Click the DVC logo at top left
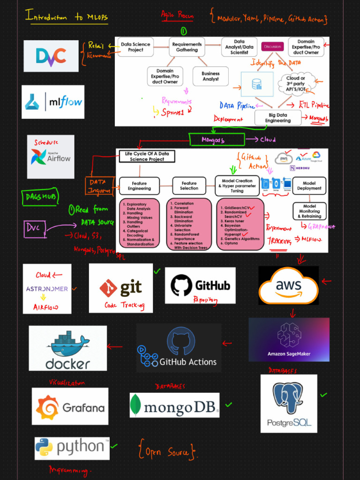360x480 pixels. click(x=51, y=56)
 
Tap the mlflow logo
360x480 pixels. click(x=53, y=102)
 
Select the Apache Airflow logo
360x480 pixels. click(x=51, y=157)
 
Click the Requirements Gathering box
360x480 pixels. click(x=187, y=47)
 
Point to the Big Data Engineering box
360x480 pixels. click(x=277, y=118)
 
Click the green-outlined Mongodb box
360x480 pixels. click(x=217, y=140)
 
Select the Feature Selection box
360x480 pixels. click(x=189, y=186)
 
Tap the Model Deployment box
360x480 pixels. click(x=309, y=186)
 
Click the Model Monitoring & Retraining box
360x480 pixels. click(x=309, y=211)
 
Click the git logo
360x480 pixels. click(x=121, y=287)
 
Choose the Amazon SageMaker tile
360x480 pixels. click(x=289, y=339)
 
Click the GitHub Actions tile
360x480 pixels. click(x=179, y=348)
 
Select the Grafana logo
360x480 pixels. click(x=70, y=406)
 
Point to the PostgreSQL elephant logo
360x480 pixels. click(x=289, y=403)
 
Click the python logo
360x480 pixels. click(x=72, y=448)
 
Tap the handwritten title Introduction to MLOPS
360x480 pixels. click(x=67, y=17)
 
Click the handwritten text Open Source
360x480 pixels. click(x=167, y=451)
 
